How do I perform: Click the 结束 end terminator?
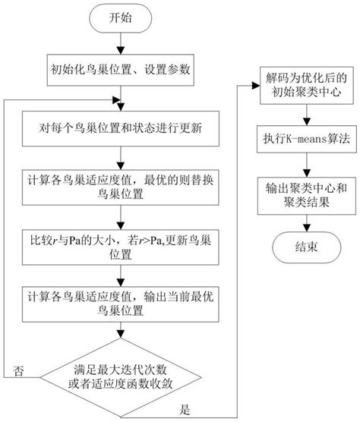pos(305,247)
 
